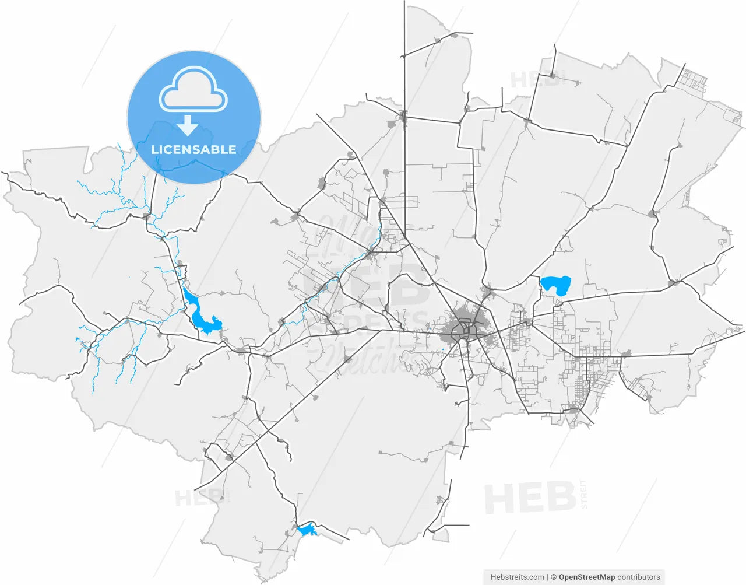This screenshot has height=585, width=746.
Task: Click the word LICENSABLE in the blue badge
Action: coord(193,150)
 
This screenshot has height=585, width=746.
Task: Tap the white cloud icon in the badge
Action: coord(193,90)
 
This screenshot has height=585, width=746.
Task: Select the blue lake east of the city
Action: coord(555,285)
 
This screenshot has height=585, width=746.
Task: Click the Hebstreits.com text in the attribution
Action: coord(518,577)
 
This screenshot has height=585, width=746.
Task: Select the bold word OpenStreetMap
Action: coord(586,577)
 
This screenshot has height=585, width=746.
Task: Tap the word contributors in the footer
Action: coord(639,577)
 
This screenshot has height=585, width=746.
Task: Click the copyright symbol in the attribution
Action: coord(554,577)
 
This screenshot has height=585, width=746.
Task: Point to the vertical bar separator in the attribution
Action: coord(548,577)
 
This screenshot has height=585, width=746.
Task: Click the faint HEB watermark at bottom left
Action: coord(201,498)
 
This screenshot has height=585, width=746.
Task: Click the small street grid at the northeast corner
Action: coord(695,81)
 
